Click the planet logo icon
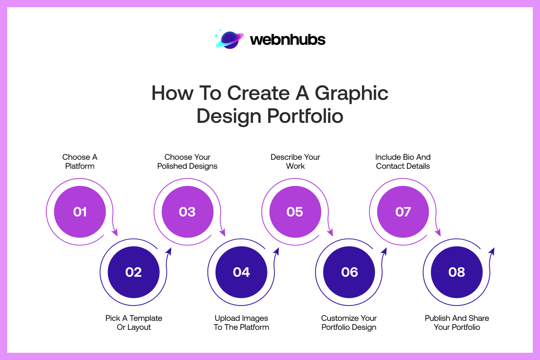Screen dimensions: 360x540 [229, 40]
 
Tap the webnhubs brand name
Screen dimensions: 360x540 [287, 40]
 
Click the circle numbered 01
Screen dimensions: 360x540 [80, 211]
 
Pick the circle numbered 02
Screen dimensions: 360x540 [134, 272]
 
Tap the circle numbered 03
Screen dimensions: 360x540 [187, 211]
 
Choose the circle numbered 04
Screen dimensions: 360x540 [241, 272]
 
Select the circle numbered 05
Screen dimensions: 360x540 [295, 211]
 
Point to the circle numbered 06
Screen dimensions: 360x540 [349, 272]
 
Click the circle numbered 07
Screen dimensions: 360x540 [403, 211]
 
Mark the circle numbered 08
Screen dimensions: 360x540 [457, 272]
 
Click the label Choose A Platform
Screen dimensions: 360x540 [80, 162]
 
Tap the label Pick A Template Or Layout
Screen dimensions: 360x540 [134, 323]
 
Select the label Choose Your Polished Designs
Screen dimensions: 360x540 [187, 162]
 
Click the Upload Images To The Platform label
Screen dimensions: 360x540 [241, 323]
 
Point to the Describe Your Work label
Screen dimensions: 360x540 [295, 162]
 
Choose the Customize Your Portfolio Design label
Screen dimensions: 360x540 [349, 323]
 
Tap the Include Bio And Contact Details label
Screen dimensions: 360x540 [403, 162]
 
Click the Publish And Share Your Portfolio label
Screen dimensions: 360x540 [457, 323]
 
